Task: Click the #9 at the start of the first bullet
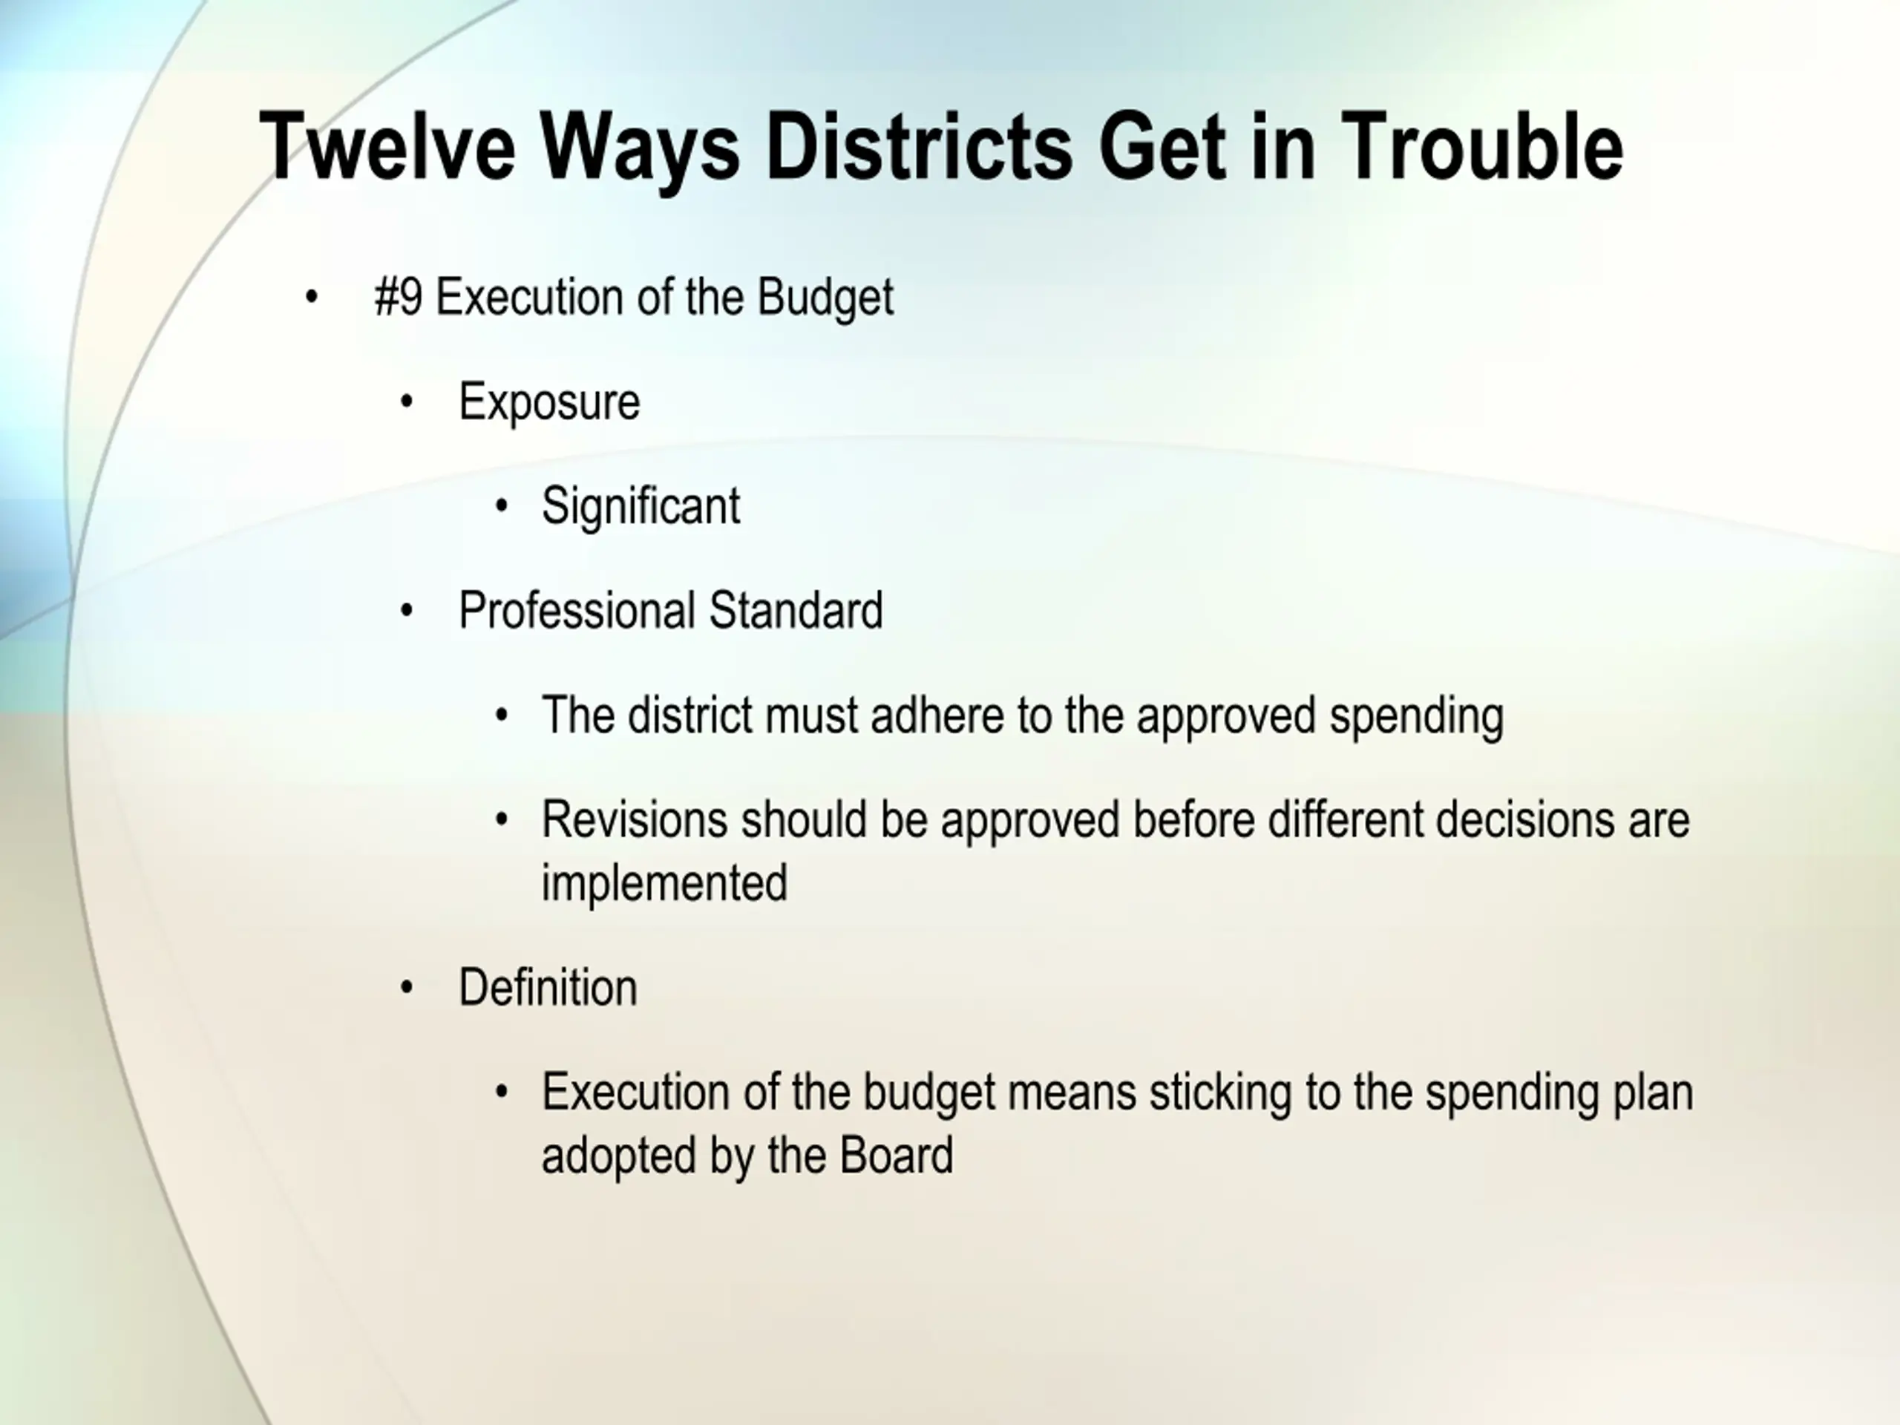click(399, 297)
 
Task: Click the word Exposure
click(550, 402)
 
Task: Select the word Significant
click(641, 506)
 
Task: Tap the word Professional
click(577, 611)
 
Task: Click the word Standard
click(796, 611)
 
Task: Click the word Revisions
click(635, 819)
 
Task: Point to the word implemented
click(665, 883)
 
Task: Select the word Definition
click(548, 988)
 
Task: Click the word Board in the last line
click(896, 1156)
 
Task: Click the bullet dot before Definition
click(407, 988)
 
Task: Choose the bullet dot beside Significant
click(502, 506)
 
